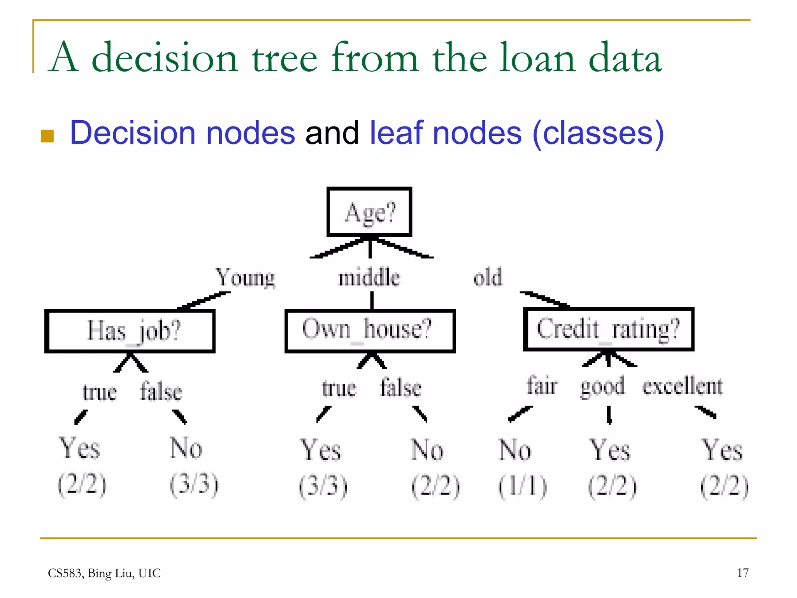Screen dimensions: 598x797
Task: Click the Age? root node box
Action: coord(369,212)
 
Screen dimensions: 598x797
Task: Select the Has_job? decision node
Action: coord(130,331)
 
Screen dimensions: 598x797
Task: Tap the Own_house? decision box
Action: coord(370,331)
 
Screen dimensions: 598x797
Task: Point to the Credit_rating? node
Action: coord(609,329)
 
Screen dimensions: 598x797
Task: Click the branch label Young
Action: coord(245,278)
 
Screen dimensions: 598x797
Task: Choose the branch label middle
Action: coord(369,278)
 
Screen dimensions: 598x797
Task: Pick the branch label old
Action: coord(488,278)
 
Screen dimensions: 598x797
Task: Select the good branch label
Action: coord(602,387)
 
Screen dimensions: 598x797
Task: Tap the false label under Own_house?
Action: coord(401,388)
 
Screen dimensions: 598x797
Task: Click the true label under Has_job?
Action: coord(100,392)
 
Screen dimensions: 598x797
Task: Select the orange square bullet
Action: coord(47,136)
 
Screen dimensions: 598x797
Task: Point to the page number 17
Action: coord(743,573)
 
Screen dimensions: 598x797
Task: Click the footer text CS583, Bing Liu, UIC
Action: coord(104,573)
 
